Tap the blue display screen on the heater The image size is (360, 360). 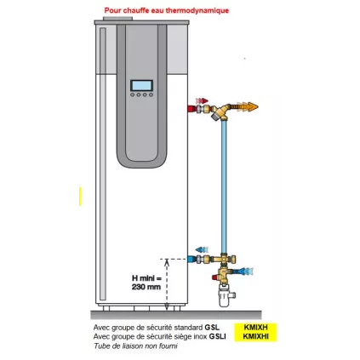coord(141,85)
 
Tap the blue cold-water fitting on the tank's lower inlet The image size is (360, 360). coord(201,258)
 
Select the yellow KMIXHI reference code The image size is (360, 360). coord(256,335)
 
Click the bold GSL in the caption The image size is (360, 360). coord(211,327)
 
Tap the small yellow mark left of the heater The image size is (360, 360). coord(78,196)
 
